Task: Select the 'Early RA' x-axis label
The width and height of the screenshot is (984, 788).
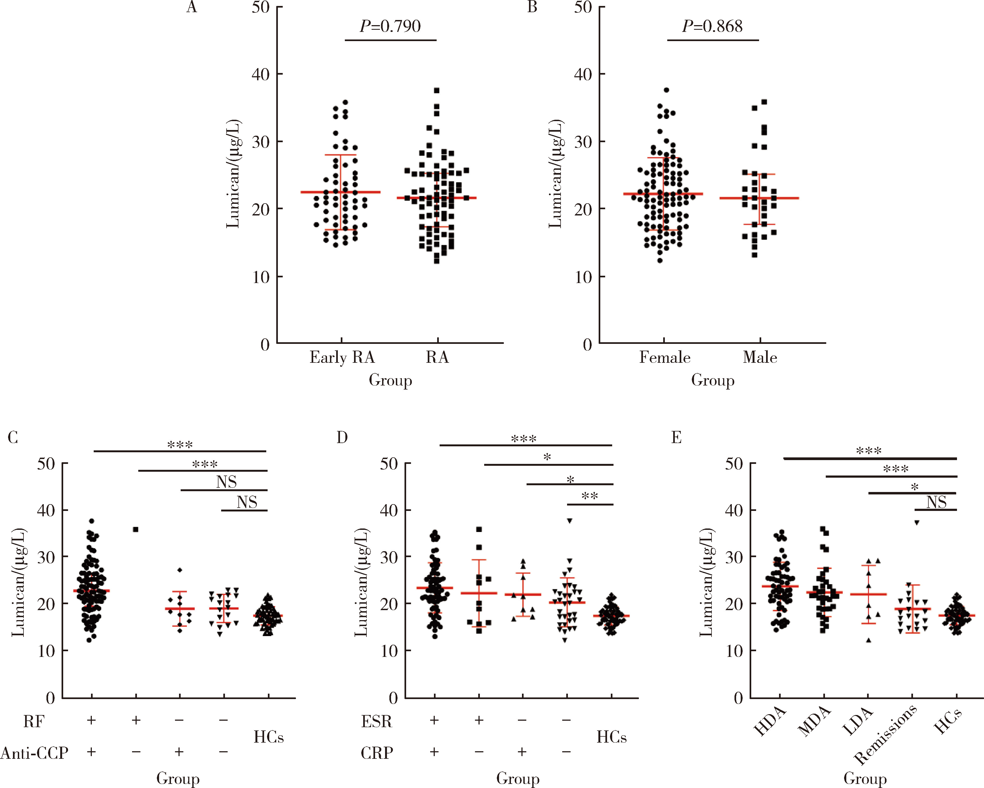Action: (x=342, y=357)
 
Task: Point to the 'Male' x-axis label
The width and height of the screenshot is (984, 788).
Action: (x=760, y=357)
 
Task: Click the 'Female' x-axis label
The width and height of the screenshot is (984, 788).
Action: (x=665, y=357)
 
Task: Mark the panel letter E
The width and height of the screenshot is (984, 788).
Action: (x=676, y=438)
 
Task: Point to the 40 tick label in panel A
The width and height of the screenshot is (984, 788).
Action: (x=261, y=74)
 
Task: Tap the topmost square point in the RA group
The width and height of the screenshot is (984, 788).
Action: (x=437, y=91)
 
